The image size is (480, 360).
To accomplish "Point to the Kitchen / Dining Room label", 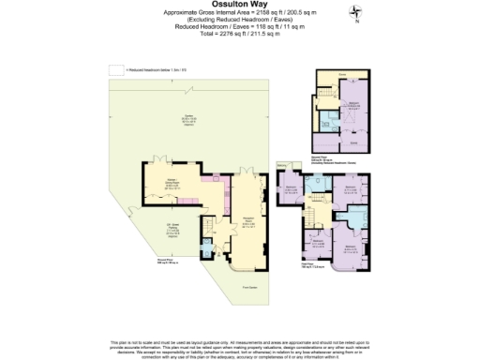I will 172,184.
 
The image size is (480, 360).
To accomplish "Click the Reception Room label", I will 247,224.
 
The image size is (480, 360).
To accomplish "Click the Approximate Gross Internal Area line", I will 239,18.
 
